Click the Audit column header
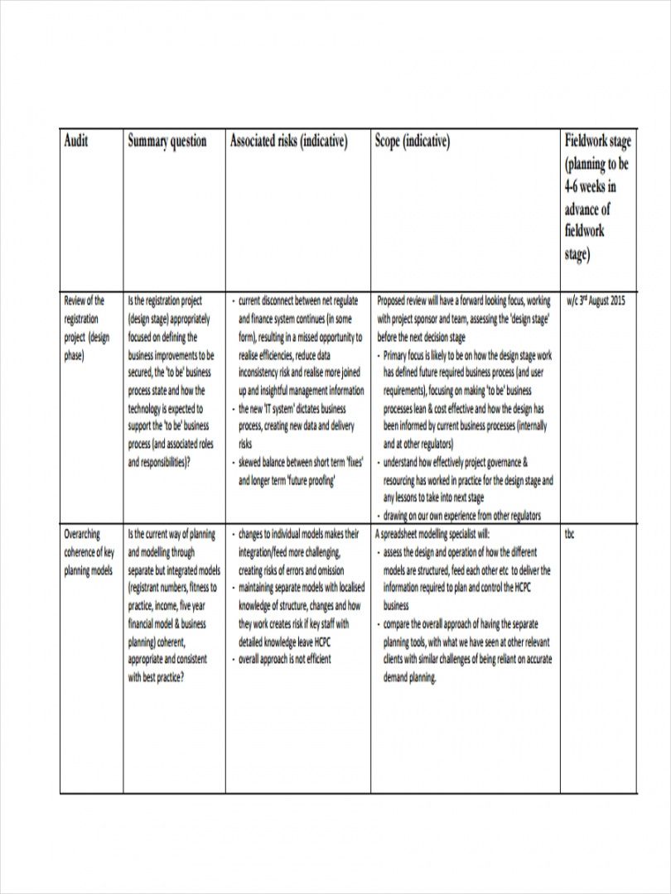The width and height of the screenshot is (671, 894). coord(76,142)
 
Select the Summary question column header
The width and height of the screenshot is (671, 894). coord(167,142)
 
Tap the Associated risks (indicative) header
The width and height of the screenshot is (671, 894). coord(288,142)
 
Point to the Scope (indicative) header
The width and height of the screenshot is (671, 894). coord(413,142)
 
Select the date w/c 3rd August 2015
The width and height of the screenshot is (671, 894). coord(596,301)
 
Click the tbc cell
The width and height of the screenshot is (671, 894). coord(570,534)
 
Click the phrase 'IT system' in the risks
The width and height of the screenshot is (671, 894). coord(281,409)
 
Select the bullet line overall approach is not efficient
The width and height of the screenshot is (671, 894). coord(284,660)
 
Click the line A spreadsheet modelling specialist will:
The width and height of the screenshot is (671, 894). coord(432,534)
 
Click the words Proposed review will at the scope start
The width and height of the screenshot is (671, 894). coord(410,301)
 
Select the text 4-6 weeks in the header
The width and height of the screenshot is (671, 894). coord(590,185)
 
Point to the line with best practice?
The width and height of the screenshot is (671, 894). coord(156,677)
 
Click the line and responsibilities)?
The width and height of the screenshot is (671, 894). coord(159,463)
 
